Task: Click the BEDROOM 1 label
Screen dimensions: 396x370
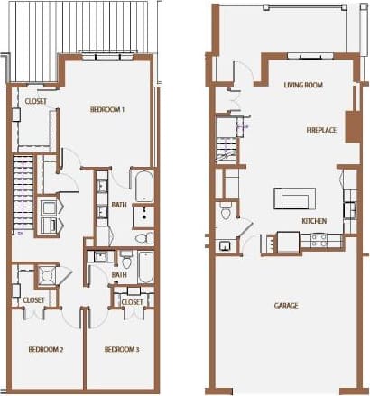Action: coord(107,109)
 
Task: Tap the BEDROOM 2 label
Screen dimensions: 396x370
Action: coord(44,349)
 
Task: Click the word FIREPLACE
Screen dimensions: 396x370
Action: coord(321,131)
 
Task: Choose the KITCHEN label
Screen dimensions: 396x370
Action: coord(314,221)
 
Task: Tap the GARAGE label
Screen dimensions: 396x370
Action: coord(286,305)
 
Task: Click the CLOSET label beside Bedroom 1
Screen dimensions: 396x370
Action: coord(36,102)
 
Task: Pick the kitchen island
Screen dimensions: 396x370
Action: coord(295,198)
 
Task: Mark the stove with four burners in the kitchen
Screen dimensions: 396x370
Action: coord(318,240)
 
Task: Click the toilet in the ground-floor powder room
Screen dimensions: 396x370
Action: coord(226,213)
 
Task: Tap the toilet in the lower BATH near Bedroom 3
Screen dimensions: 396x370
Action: coord(128,262)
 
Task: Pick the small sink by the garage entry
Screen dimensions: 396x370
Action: coord(223,245)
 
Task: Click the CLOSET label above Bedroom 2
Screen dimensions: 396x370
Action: coord(34,299)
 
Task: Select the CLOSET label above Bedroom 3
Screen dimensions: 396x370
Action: coord(133,301)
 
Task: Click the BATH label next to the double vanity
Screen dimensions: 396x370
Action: coord(119,205)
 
